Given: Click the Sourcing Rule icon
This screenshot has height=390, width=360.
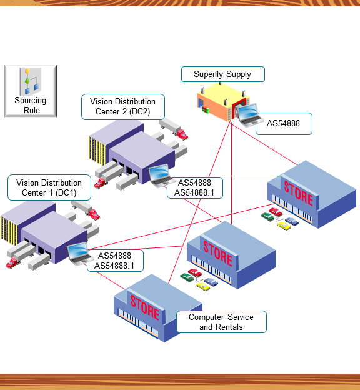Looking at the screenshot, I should pos(31,91).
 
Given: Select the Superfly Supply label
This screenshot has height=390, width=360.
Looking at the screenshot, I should pos(222,74).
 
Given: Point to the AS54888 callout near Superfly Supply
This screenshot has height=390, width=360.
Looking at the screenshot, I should pos(283,124).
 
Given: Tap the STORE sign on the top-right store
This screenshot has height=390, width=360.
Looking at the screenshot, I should pos(298,194).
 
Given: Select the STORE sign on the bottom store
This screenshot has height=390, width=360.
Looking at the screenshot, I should pos(145,307).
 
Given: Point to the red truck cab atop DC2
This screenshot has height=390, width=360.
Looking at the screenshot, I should pos(181,134).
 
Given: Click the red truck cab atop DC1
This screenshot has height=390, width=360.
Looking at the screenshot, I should pos(94,215).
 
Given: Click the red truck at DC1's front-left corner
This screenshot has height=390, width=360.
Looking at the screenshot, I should pos(12,263).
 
